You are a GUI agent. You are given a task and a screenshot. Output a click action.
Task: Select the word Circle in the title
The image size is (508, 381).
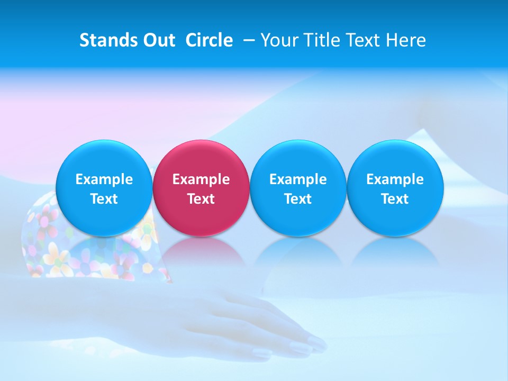pos(209,40)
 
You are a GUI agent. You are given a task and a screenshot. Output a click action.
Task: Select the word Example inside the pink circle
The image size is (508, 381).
pos(201,179)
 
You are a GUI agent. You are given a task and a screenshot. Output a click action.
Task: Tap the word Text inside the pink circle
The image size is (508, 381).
pos(201,199)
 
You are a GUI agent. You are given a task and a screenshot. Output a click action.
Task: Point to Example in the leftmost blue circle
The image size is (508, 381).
pos(104,179)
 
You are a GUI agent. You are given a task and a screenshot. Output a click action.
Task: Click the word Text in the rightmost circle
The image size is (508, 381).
pos(395,199)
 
